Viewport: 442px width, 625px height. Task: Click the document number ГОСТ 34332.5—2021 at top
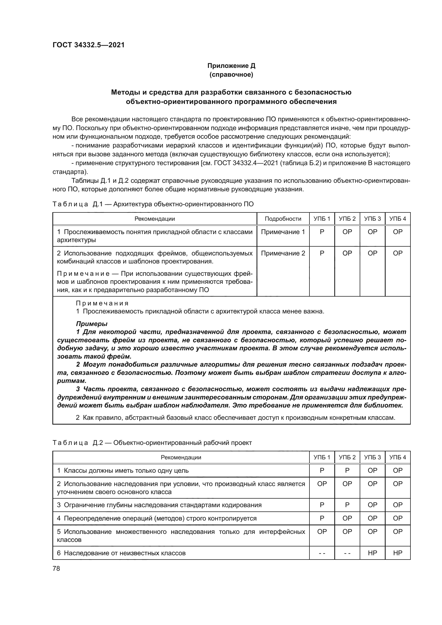88,45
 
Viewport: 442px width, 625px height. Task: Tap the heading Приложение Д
231,66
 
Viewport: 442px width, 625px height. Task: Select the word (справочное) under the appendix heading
231,75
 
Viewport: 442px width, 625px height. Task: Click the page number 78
56,568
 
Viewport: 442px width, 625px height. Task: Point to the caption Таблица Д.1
153,204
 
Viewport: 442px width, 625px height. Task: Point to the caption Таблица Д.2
152,442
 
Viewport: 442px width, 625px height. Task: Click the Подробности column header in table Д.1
283,219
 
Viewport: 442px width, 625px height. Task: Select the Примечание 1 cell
283,232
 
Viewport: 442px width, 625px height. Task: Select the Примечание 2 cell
283,253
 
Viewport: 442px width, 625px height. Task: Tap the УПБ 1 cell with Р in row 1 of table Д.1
322,232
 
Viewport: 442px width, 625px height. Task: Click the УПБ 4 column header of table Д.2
397,457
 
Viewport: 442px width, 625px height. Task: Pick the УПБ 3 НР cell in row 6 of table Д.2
372,553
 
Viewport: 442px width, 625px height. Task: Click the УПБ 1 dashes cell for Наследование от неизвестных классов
322,553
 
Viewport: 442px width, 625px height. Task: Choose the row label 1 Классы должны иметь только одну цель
123,471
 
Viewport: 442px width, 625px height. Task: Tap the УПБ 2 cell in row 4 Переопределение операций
347,518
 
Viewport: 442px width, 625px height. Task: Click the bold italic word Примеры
92,324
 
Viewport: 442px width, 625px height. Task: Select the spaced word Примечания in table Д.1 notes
102,303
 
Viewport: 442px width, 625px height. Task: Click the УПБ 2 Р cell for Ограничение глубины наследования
347,505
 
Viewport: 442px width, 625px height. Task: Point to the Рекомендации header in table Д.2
181,457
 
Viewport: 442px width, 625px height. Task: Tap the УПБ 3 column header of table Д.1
372,219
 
